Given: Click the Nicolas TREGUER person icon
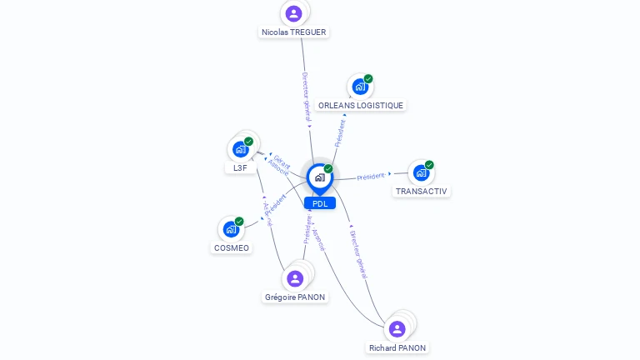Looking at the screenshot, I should coord(293,13).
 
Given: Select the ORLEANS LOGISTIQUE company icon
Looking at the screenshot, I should coord(360,87).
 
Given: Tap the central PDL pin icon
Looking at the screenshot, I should coord(320,177).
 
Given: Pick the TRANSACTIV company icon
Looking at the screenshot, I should coord(421,172).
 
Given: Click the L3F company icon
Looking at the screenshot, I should coord(241,149).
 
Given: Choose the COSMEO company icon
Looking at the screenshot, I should coord(231,229).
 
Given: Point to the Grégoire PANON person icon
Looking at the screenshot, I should coord(295,278).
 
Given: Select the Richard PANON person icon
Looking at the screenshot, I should coord(397,329).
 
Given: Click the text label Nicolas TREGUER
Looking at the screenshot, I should coord(294,32).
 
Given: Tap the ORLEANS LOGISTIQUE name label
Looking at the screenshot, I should coord(361,106).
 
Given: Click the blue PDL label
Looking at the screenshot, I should coord(320,203).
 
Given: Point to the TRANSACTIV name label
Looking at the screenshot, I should coord(421,192).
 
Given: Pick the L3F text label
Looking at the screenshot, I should coord(241,168).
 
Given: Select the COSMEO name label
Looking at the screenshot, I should coord(231,248).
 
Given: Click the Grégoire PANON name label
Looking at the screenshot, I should coord(295,297).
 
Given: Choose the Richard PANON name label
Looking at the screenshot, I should coord(397,348).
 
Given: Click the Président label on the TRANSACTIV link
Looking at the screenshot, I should coord(371,177).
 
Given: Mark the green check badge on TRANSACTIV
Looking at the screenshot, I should coord(429,165).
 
